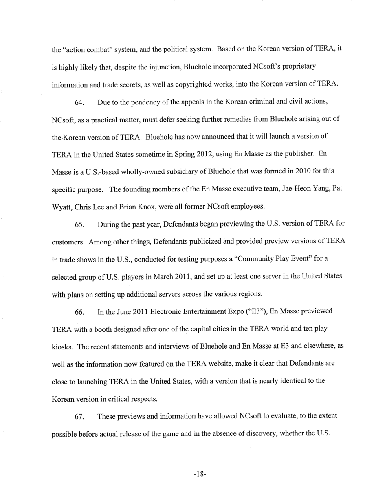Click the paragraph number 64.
[x=79, y=102]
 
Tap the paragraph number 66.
[x=79, y=312]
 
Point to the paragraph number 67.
[x=79, y=417]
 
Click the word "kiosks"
[x=62, y=347]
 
